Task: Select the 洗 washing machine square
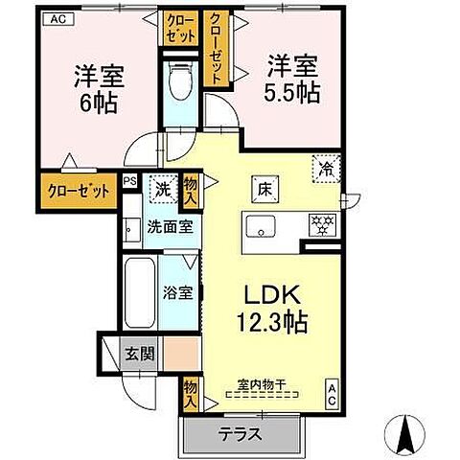[164, 190]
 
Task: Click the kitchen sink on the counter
[261, 227]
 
